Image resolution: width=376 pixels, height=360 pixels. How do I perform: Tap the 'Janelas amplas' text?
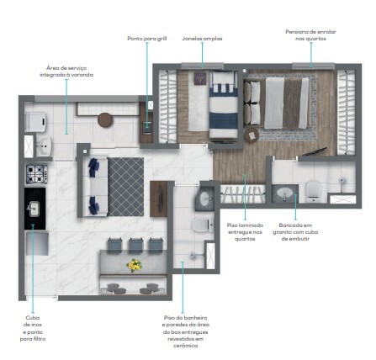click(x=202, y=39)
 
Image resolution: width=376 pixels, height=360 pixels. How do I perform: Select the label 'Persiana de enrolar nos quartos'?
click(x=310, y=35)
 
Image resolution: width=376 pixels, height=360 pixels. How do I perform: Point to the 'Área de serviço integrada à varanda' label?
click(x=70, y=71)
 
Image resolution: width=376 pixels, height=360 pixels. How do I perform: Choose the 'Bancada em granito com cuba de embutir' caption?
click(x=297, y=230)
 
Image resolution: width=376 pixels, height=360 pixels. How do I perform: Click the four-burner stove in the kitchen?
click(x=35, y=174)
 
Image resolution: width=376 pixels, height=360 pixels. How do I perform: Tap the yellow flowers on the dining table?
click(x=134, y=265)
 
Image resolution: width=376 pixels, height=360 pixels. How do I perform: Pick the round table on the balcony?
click(x=105, y=119)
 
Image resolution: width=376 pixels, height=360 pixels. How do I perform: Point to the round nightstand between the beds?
click(x=249, y=134)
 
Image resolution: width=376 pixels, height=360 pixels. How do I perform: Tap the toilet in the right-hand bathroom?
click(x=312, y=190)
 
